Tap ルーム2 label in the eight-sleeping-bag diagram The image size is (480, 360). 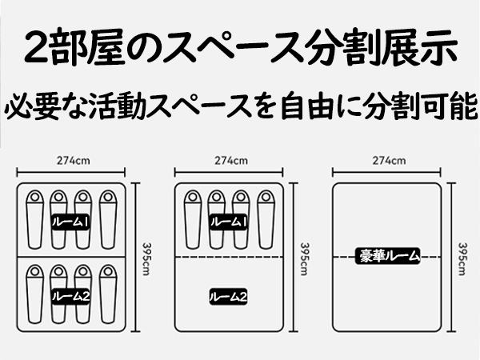pos(70,296)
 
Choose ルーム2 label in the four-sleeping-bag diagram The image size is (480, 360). pos(229,296)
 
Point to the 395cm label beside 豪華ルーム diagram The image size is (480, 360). pos(465,257)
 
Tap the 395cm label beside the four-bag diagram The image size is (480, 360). pos(305,257)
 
